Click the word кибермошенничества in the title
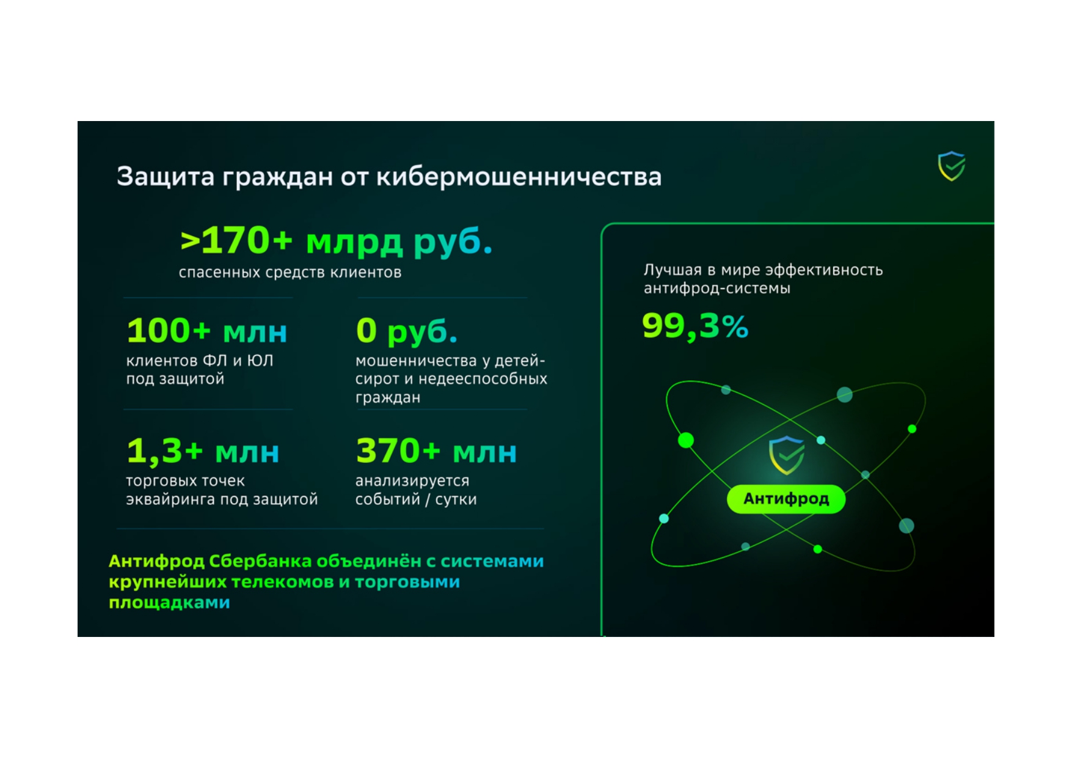(519, 177)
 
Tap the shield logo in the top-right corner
(951, 167)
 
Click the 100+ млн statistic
(206, 331)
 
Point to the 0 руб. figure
(406, 331)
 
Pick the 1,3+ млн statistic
(203, 451)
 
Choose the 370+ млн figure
(436, 451)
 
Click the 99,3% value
(695, 326)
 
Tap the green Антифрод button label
(786, 499)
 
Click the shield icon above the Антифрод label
(787, 455)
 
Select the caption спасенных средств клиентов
(290, 273)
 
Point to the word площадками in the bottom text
(169, 603)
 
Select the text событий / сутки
(416, 499)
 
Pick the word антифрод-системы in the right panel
(717, 289)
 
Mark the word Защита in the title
(166, 177)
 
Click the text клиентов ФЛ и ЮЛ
(200, 361)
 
